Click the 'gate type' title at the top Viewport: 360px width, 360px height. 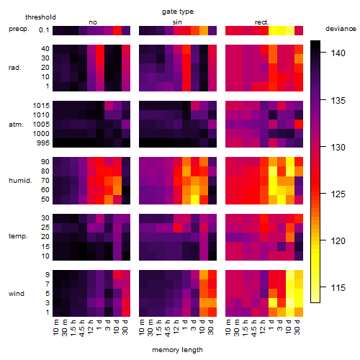click(178, 12)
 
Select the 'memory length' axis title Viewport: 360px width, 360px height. click(177, 350)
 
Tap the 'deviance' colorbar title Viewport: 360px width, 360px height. click(341, 29)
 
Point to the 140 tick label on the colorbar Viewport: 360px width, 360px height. click(338, 53)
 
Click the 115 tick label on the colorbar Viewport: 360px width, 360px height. click(338, 287)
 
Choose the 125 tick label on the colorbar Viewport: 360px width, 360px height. click(338, 194)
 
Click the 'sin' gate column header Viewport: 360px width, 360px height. click(177, 22)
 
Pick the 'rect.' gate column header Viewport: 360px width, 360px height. click(261, 22)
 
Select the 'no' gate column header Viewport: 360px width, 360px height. click(93, 22)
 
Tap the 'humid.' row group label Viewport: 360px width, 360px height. click(20, 181)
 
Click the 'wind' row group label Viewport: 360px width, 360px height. click(17, 294)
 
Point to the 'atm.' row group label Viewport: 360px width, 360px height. click(16, 125)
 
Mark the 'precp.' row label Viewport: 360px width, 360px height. click(19, 30)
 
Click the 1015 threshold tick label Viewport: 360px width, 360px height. click(41, 106)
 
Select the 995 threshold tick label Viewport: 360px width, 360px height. click(43, 143)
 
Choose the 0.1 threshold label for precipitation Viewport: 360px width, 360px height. click(44, 30)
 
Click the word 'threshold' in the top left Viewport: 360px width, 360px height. click(40, 17)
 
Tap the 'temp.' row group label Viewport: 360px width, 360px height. click(18, 236)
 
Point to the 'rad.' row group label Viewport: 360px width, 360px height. click(15, 68)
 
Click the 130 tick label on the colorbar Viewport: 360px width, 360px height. click(338, 147)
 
